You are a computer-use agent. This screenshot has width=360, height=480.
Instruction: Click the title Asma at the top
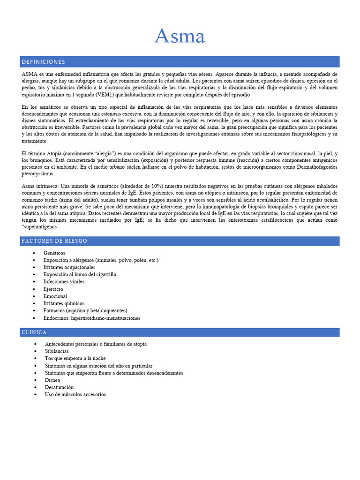coord(180,36)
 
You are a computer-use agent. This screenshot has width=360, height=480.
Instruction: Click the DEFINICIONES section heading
coord(43,62)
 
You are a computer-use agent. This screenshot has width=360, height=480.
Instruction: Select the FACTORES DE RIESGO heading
coord(54,241)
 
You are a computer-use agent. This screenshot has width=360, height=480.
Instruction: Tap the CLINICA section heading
coord(34,332)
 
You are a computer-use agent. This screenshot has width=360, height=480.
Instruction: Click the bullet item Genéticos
coord(54,253)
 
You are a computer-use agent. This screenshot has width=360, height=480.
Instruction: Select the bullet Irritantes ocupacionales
coord(69,267)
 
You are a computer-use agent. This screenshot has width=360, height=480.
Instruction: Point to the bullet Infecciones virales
coord(64,282)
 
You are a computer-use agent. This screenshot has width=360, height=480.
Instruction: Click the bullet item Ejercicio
coord(53,289)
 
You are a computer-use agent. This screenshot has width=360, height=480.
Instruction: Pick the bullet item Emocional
coord(55,296)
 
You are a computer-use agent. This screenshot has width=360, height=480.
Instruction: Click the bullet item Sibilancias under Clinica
coord(57,351)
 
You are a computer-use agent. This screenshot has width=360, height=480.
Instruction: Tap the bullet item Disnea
coord(52,380)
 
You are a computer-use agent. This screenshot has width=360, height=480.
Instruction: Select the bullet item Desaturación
coord(59,387)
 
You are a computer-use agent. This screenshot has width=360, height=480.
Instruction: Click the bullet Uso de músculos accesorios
coord(75,394)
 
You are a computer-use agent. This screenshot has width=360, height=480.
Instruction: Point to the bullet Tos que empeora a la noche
coord(75,358)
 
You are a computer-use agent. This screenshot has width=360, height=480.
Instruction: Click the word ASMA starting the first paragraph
coord(30,74)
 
